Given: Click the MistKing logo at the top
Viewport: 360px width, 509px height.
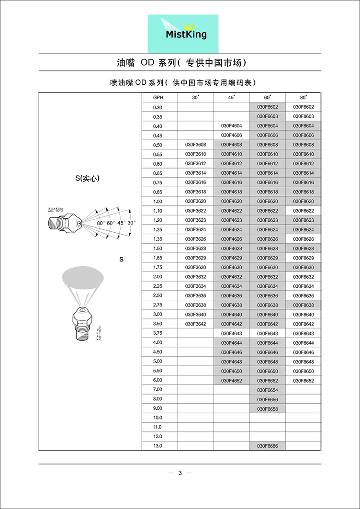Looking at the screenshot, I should pos(182,34).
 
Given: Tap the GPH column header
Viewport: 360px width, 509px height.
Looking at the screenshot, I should pos(158,98).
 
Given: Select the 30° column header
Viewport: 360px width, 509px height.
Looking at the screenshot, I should pos(195,98).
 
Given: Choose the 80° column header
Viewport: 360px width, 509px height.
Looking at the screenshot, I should pos(303,98).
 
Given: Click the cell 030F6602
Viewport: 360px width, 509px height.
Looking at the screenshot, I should pos(268,107).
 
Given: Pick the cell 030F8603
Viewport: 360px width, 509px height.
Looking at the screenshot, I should pos(303,116).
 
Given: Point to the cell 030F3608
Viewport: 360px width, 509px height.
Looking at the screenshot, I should pos(195,145).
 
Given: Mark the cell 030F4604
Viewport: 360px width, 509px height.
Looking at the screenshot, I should pos(232,126).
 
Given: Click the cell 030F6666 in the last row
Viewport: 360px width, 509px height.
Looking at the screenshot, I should pos(268,446).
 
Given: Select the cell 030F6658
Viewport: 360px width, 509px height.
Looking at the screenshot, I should pos(268,408).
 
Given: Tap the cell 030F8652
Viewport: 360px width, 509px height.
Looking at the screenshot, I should pos(303,380).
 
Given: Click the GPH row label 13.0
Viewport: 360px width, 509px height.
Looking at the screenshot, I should pos(158,446).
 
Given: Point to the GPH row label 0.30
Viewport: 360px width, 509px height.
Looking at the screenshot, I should pos(158,107).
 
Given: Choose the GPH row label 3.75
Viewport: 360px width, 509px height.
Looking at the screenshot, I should pos(158,333).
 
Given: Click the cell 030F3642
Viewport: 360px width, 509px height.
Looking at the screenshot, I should pos(195,324).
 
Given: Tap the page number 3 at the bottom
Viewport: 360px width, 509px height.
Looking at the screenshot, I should pos(180,473).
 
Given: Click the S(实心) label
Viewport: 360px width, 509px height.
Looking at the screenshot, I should pos(90,179).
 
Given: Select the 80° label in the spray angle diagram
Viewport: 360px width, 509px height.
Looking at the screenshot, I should pos(100,223).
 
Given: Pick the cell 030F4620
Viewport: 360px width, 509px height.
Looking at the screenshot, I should pos(232,201).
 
